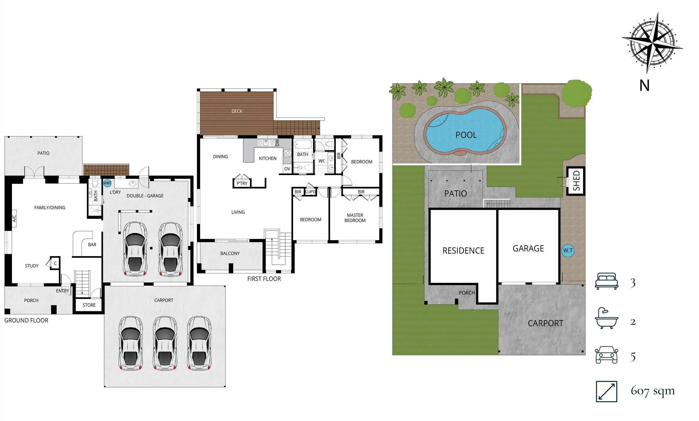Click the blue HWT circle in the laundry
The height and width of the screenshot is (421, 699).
point(107,183)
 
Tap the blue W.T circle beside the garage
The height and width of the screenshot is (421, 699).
point(568,250)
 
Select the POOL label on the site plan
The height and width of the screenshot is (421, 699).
point(466,135)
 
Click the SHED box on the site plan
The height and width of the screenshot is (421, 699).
point(576,181)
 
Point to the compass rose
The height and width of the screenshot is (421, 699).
point(652,47)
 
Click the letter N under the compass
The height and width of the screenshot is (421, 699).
point(644,86)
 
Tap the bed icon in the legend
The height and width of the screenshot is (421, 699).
point(606,281)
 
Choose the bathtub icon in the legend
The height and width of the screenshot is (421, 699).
point(606,318)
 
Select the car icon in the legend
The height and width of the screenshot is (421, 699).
point(606,355)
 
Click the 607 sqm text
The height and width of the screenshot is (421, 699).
point(652,391)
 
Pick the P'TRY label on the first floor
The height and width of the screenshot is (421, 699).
point(242,184)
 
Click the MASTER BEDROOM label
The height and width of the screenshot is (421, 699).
point(355,218)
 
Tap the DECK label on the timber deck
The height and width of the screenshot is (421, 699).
point(237,111)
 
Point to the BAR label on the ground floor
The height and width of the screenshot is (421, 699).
point(92,245)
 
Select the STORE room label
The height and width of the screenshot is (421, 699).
point(89,305)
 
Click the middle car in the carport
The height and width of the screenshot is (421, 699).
point(165,343)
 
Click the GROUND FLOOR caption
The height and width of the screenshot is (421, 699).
point(26,320)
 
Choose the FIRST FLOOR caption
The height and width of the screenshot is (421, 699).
point(264,279)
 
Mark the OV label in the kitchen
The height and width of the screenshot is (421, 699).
point(287,169)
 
